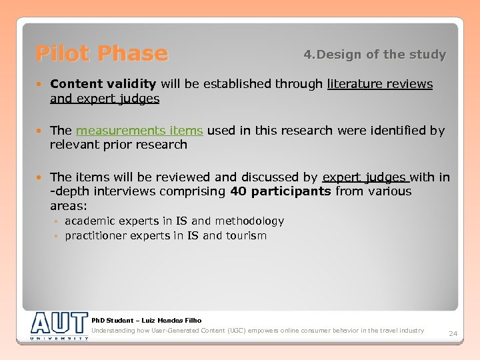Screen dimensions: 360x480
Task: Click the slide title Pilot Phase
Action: pos(101,53)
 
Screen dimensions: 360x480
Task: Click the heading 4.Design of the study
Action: pos(375,55)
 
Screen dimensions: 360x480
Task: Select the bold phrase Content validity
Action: pos(103,84)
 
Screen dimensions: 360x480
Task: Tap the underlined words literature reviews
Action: pos(379,84)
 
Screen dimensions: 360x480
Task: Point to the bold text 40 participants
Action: pos(280,191)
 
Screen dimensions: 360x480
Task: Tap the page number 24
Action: pos(453,333)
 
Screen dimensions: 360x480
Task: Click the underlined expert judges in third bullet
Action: pos(364,177)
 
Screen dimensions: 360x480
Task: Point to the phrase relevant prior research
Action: pos(118,145)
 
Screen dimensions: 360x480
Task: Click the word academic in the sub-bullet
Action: pos(91,221)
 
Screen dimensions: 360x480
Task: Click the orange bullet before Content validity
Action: pos(41,84)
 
